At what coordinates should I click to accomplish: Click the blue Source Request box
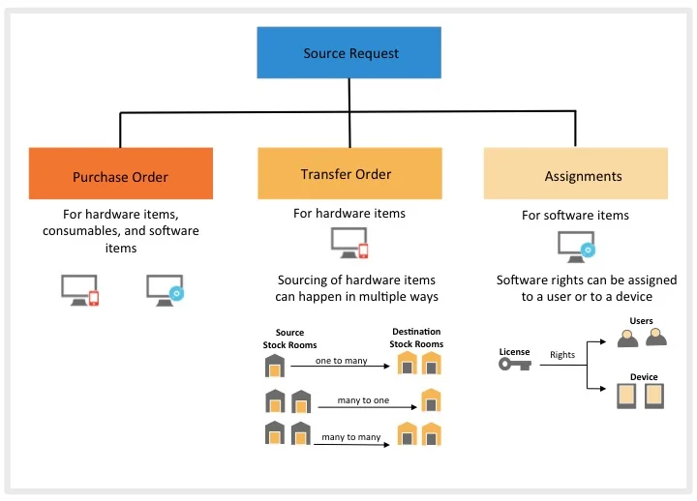350,53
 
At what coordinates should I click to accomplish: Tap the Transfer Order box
349,173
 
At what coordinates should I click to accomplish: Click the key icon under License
514,365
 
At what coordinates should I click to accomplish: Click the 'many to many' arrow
354,444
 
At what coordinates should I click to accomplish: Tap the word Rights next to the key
561,355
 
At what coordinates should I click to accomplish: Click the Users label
641,321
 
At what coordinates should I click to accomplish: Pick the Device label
643,377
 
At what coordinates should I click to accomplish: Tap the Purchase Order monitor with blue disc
165,290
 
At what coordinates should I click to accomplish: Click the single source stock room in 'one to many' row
276,365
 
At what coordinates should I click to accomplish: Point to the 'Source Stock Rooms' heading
289,339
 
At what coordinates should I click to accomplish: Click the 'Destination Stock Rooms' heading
417,338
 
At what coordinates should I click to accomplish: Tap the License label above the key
514,351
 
